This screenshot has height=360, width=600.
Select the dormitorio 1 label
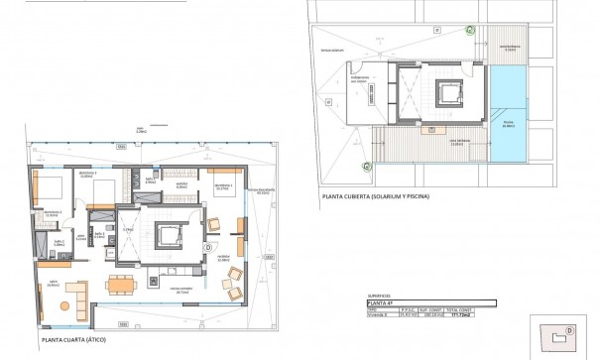222,185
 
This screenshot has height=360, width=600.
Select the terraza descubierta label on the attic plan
263,190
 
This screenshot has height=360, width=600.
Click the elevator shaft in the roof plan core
437,95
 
